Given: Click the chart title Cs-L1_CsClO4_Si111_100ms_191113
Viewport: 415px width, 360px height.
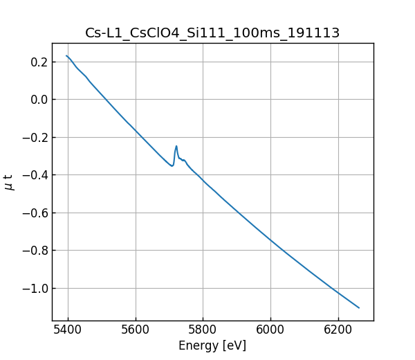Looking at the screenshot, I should point(212,33).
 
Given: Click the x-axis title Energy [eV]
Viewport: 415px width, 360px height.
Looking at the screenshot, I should point(212,345).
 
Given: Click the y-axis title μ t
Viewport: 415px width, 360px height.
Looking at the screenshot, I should point(9,182).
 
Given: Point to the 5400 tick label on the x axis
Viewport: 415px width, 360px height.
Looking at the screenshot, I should point(68,330).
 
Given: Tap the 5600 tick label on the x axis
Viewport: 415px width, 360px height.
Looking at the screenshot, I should point(136,330).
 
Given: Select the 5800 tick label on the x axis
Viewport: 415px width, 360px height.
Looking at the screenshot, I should point(203,330).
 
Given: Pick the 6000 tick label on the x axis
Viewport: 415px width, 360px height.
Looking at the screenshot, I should point(270,330).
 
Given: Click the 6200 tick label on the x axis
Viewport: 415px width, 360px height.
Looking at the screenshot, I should point(338,330).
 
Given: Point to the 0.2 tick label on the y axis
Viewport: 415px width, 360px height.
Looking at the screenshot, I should point(39,62).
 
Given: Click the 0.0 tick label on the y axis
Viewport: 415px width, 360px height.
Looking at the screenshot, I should point(39,100).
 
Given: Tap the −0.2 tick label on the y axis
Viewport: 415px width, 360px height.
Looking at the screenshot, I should point(35,137).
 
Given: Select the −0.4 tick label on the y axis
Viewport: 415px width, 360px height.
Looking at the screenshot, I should point(35,175).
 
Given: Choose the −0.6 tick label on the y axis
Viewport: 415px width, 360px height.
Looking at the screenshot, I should point(35,213).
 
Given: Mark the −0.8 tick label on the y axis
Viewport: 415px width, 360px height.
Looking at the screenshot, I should point(35,251).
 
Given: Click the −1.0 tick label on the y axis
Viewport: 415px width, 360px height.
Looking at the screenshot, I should point(35,288).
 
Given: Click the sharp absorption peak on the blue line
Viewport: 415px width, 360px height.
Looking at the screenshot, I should point(176,146).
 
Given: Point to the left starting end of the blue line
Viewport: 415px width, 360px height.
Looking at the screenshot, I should point(66,56).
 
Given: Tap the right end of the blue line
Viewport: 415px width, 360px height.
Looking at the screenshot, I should point(359,307).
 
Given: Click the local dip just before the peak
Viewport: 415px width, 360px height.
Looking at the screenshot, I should point(172,166).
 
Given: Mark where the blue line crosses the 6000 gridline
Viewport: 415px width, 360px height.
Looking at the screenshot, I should point(270,240).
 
